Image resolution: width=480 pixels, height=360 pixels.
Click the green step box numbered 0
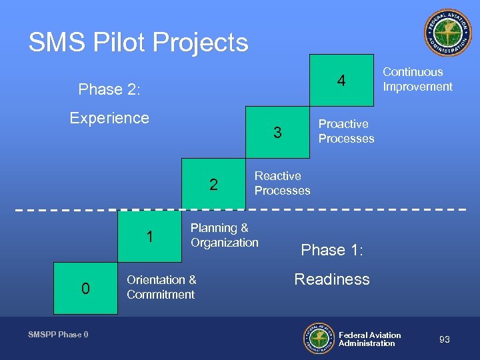[85, 289]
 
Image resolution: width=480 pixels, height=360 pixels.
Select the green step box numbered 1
[150, 237]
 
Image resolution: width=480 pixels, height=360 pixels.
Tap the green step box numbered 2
[214, 185]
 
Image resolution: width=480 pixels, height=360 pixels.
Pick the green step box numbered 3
[278, 133]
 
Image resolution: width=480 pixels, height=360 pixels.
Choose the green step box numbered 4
[341, 81]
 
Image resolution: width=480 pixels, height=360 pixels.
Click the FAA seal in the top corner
[447, 33]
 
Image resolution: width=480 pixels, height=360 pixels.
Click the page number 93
[445, 340]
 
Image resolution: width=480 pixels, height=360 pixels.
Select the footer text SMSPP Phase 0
[58, 335]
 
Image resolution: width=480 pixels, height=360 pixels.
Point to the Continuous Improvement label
[417, 79]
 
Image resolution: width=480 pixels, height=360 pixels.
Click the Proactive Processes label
[346, 131]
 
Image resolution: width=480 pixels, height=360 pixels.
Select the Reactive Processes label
[282, 183]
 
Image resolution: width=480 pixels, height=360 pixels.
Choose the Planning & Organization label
[224, 235]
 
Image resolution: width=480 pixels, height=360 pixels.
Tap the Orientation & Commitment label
[161, 287]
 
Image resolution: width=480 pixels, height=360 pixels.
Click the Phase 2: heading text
[109, 89]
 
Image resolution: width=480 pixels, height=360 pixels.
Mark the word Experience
[109, 118]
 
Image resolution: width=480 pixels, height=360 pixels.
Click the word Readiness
[332, 279]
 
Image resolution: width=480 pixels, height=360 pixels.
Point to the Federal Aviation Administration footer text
[369, 339]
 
